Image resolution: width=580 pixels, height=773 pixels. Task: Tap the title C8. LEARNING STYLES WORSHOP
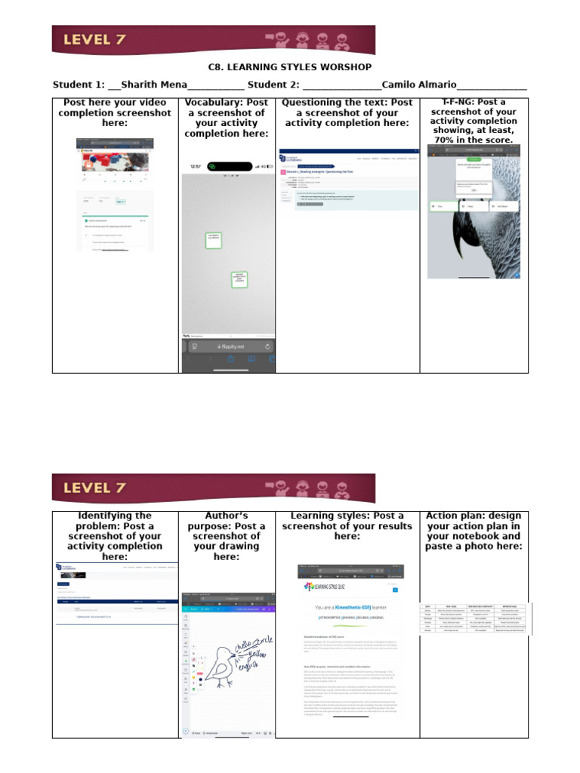click(290, 67)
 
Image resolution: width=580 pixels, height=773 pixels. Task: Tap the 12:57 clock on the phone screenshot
click(196, 166)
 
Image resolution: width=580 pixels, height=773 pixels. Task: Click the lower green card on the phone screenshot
click(239, 279)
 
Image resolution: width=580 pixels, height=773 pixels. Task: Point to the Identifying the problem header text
click(115, 521)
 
